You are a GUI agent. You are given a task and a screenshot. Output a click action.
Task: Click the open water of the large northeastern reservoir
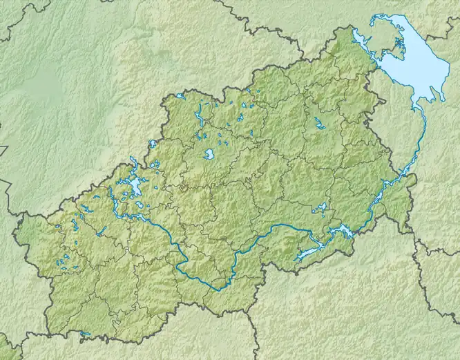point(414,69)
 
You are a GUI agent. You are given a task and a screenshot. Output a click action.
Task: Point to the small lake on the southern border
point(85,334)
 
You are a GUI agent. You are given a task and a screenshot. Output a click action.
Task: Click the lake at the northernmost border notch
point(181,96)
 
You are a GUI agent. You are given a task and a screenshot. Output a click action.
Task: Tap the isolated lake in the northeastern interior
point(319,124)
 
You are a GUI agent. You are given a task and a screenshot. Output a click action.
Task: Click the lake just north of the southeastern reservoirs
point(320,207)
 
